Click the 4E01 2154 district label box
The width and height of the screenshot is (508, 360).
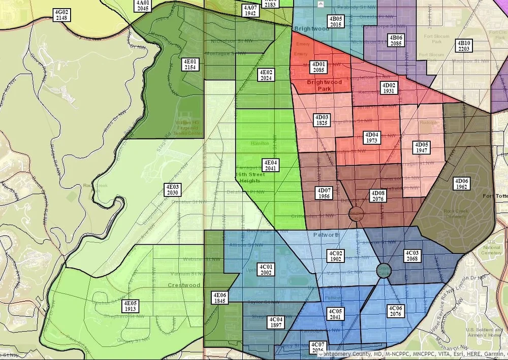point(192,64)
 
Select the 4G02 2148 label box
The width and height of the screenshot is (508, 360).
point(61,15)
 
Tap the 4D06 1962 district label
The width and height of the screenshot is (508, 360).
point(462,184)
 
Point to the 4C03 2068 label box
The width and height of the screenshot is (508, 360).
point(412,256)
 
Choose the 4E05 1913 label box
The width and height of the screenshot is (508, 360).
point(131,306)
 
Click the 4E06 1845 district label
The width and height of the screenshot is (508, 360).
point(219,298)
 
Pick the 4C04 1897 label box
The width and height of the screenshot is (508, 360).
point(276,322)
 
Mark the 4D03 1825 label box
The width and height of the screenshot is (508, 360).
point(322,120)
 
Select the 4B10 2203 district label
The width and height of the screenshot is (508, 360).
point(464,46)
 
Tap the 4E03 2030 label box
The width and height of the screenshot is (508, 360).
point(172,190)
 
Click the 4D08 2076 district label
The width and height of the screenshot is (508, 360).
point(378,196)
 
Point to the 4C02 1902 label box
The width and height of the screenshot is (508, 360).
point(335,256)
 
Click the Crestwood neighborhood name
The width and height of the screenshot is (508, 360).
point(184,285)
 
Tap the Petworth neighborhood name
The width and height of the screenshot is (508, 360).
point(326,235)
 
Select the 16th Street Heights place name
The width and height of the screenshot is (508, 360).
point(248,177)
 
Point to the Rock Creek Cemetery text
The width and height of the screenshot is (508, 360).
point(455,213)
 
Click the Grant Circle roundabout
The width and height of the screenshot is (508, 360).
point(384,270)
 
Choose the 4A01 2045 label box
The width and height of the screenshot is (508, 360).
point(143,6)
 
